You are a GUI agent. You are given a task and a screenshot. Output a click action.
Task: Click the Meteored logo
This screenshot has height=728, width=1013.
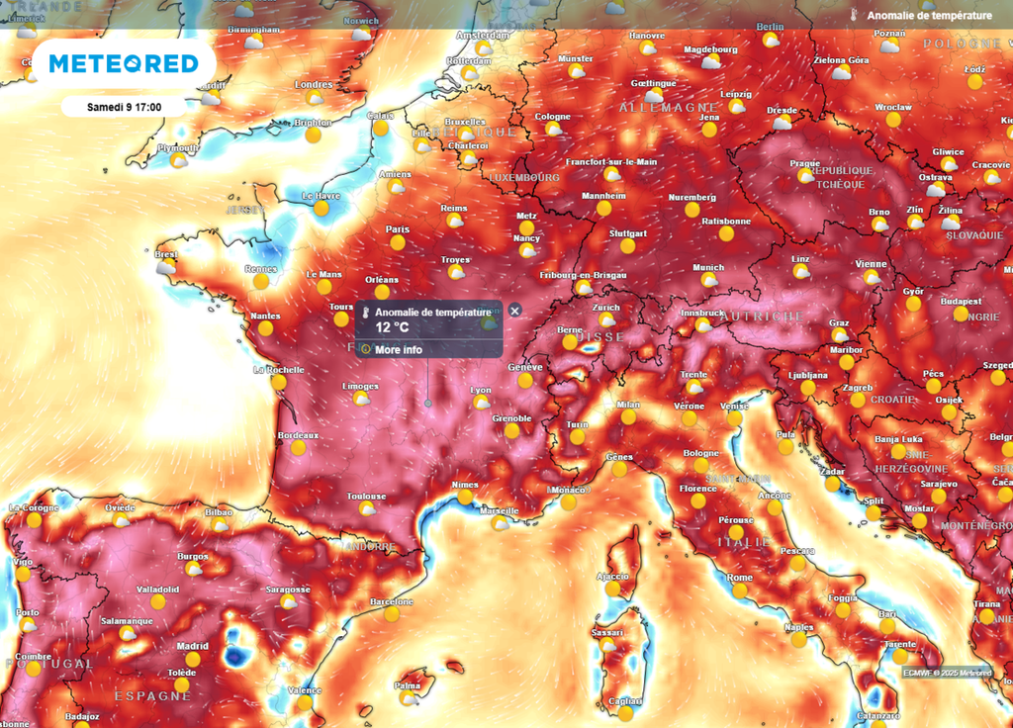pos(124,63)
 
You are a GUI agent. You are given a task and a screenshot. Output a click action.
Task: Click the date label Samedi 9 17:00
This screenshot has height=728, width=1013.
pos(124,107)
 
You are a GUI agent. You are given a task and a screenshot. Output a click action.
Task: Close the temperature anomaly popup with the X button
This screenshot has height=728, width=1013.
pos(514,311)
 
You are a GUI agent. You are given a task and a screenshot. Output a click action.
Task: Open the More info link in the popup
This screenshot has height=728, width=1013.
pos(399,349)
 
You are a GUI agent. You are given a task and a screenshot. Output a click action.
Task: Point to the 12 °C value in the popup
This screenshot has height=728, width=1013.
pos(392,327)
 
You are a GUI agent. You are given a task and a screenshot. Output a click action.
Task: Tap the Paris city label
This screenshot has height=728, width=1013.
pos(398,228)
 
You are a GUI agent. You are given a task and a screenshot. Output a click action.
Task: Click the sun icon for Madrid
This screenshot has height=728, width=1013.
pos(193,659)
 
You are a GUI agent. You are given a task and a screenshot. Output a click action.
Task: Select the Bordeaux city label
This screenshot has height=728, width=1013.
pos(298,435)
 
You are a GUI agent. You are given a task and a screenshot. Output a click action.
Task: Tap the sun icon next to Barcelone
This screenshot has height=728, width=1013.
pos(392,614)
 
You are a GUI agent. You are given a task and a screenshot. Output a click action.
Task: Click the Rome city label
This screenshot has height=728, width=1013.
pos(740,578)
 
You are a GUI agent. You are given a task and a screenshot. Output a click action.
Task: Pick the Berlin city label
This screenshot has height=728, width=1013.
pos(770,27)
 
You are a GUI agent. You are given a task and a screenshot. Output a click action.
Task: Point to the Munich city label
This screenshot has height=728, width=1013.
pos(708,267)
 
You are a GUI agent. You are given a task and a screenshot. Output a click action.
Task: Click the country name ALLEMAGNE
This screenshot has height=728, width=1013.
pos(668,106)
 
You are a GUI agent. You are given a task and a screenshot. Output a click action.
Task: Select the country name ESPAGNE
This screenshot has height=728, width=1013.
pos(152,695)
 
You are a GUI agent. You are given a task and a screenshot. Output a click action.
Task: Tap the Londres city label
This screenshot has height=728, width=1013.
pos(314,85)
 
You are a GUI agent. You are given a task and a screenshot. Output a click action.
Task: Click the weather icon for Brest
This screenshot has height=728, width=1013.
pos(166,267)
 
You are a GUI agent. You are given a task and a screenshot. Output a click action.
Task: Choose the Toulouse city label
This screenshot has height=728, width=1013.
pos(366,497)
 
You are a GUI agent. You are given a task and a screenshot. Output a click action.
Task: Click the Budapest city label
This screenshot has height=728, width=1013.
pos(961,302)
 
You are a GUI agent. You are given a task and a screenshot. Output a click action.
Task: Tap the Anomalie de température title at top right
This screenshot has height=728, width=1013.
pos(929,16)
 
